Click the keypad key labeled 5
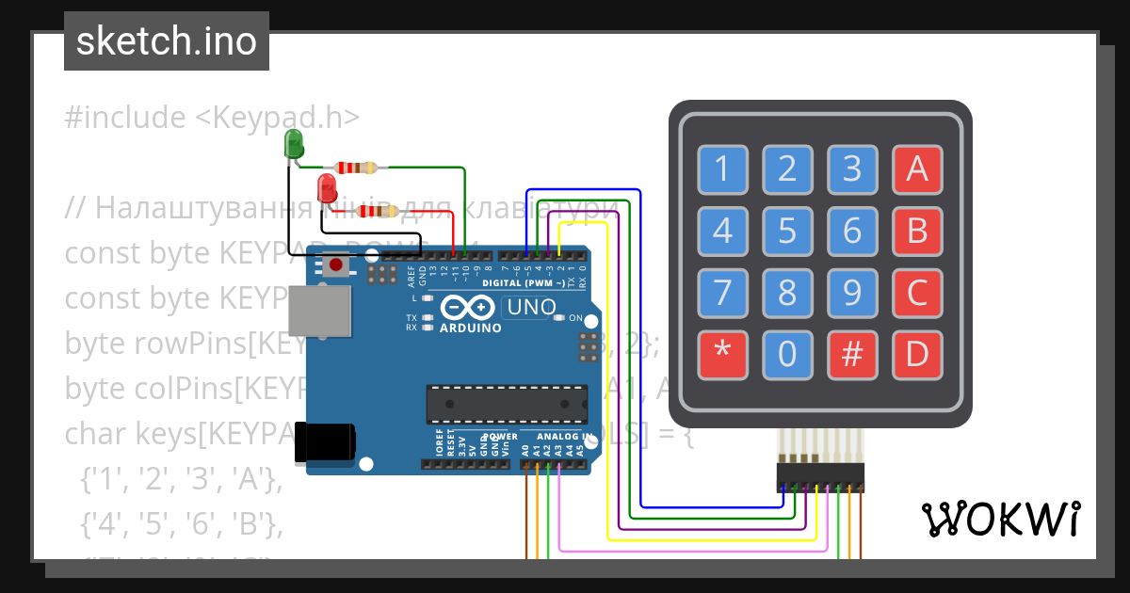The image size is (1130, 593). pos(787,231)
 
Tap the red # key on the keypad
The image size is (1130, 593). pos(852,355)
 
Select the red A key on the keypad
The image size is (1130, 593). pos(917,169)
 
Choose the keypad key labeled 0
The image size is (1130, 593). pos(787,355)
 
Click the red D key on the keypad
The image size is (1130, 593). pos(917,355)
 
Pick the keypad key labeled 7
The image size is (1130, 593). pos(722,293)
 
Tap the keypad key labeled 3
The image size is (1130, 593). pos(852,169)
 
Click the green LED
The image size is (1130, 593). pos(294,145)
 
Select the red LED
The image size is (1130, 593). pos(327,187)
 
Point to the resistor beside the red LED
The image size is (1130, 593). pos(377,211)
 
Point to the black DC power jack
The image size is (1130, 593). pos(327,442)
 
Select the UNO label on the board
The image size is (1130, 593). pos(531,307)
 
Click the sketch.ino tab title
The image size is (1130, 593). pos(167,41)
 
